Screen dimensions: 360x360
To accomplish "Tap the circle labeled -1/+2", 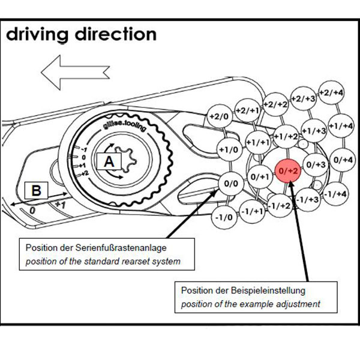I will click(x=279, y=206).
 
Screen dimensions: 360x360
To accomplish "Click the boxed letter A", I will click(x=109, y=161).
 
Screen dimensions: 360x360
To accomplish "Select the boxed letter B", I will click(x=36, y=191).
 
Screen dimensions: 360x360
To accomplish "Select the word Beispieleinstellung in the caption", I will click(x=246, y=290).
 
